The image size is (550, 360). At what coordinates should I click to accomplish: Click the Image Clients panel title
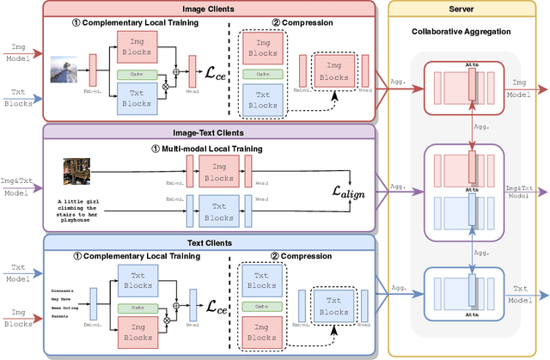tap(205, 9)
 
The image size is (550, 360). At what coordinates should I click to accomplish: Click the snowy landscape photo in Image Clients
tap(64, 69)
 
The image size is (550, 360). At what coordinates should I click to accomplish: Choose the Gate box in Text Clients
tap(137, 307)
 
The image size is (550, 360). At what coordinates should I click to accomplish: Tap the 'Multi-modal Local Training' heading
tap(208, 148)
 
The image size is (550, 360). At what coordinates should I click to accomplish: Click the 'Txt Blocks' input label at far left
tap(15, 96)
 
